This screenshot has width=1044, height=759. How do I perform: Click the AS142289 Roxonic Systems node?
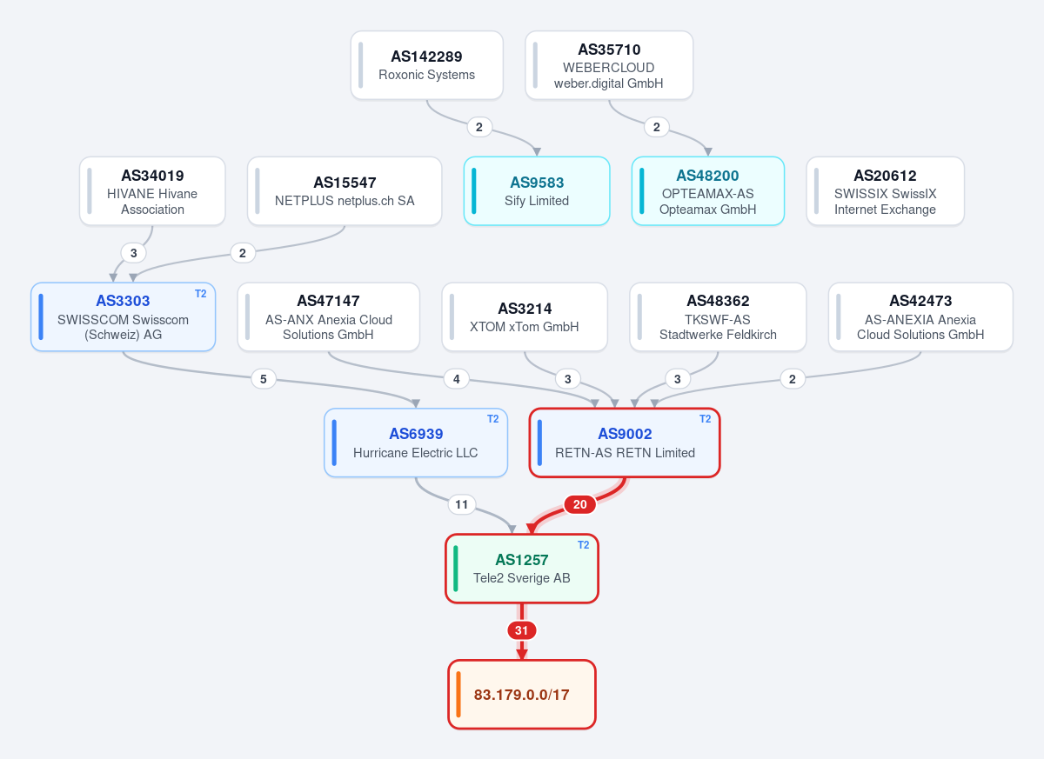click(x=427, y=65)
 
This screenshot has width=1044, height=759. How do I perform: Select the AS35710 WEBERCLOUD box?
click(x=609, y=65)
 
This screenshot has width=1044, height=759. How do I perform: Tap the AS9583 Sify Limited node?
click(x=537, y=191)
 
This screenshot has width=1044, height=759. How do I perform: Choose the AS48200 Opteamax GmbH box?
click(x=707, y=191)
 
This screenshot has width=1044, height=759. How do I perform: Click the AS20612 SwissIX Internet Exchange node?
click(x=885, y=191)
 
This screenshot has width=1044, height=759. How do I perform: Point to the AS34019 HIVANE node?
click(x=152, y=191)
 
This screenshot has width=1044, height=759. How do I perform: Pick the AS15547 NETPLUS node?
click(x=345, y=191)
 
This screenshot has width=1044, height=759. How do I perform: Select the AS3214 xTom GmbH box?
click(x=525, y=316)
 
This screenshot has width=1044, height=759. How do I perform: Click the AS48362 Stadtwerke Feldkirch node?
click(x=718, y=316)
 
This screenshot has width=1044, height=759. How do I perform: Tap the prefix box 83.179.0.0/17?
click(x=521, y=695)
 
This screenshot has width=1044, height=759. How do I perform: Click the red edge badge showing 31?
click(x=521, y=630)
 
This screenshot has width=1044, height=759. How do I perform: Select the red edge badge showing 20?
click(x=579, y=504)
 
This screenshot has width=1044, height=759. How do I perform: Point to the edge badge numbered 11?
click(x=461, y=504)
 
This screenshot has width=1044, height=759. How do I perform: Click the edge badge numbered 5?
click(x=264, y=379)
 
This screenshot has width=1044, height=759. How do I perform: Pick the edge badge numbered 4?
click(x=456, y=379)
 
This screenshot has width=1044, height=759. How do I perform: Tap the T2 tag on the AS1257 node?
click(x=583, y=545)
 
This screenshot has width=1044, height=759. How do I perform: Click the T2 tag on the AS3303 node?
click(x=200, y=294)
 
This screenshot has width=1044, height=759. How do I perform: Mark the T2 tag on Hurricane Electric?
click(x=492, y=419)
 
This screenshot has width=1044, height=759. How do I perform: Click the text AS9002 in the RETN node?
click(x=625, y=434)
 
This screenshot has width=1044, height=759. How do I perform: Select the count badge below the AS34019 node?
click(x=133, y=253)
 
